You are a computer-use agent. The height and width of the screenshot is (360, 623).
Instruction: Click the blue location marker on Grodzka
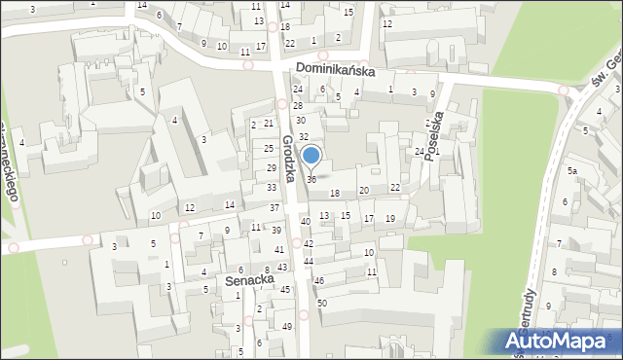click(311, 156)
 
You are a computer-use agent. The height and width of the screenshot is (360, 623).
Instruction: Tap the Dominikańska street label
click(335, 69)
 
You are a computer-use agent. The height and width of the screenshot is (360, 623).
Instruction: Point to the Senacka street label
click(245, 280)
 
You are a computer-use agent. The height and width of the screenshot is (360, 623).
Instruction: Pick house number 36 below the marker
click(311, 180)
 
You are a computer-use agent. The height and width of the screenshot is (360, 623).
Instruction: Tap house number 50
click(321, 304)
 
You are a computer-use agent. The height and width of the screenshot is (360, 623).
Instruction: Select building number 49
click(286, 326)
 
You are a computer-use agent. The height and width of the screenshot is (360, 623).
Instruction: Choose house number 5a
click(573, 171)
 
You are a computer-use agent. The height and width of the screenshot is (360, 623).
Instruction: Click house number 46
click(318, 280)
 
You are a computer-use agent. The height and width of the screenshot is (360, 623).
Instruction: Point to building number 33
click(272, 187)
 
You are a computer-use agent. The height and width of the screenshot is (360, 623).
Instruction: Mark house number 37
click(275, 208)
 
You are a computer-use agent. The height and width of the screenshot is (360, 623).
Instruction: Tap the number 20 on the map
click(364, 190)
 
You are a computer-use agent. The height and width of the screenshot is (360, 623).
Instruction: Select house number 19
click(389, 219)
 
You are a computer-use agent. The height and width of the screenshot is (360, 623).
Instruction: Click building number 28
click(298, 105)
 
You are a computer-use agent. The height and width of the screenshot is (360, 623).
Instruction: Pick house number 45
click(285, 289)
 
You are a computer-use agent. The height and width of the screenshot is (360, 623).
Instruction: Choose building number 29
click(271, 168)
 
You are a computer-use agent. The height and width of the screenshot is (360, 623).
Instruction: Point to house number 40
click(306, 222)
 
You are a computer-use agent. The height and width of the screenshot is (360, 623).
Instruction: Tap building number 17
click(368, 219)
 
